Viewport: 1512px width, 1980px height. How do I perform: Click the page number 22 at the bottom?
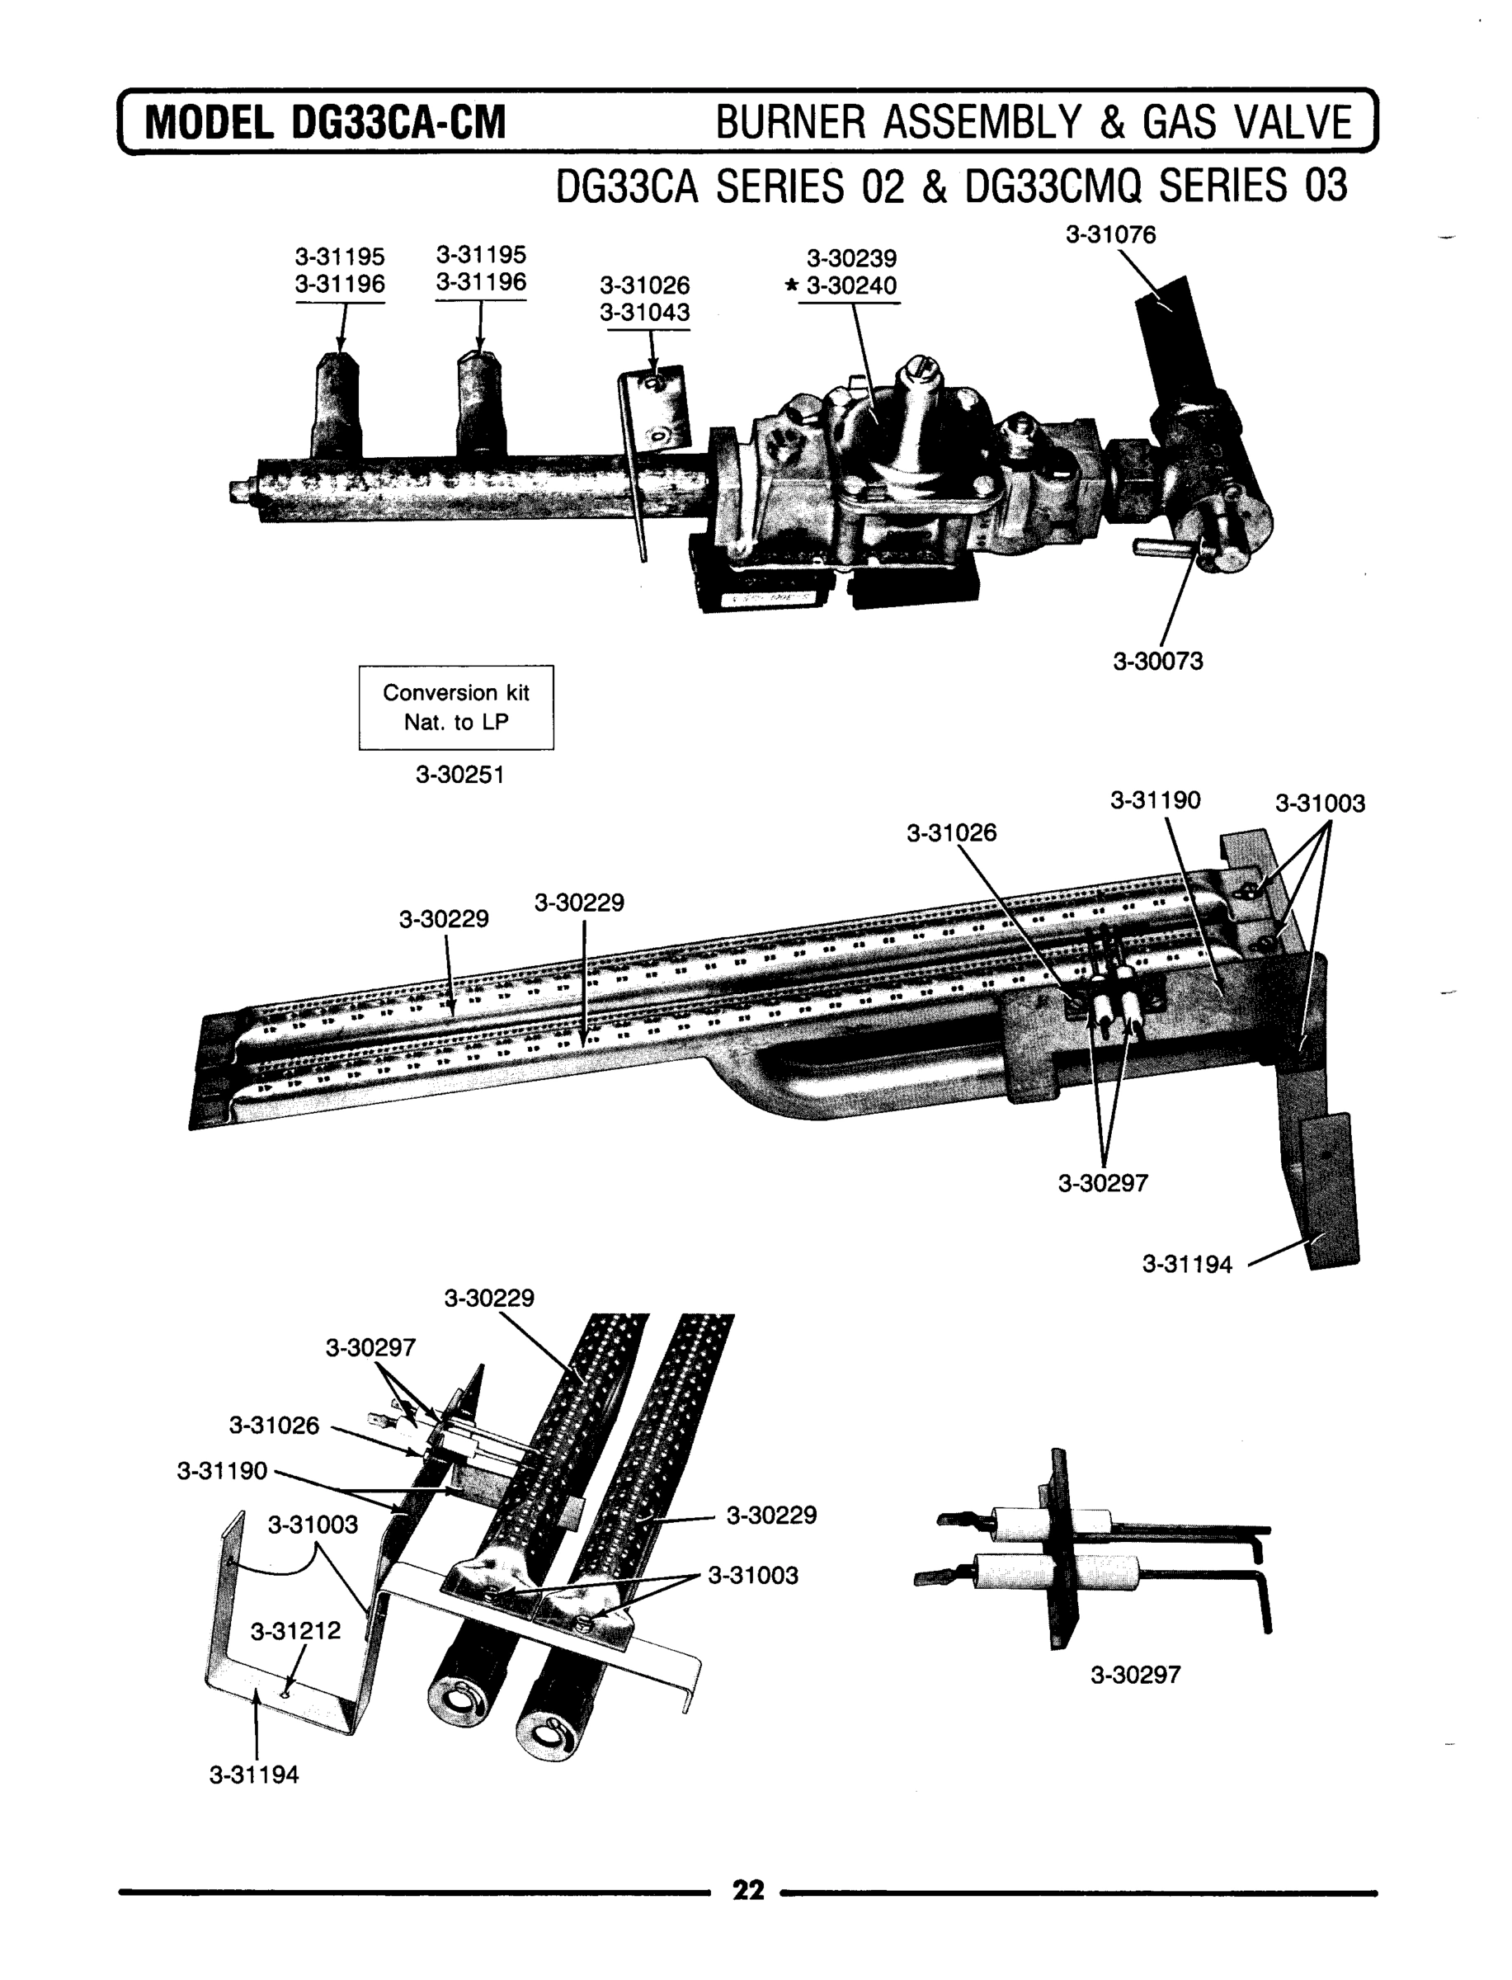[748, 1889]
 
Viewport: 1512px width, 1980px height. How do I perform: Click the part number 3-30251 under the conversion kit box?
[459, 775]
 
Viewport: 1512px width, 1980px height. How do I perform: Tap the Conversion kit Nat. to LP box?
[456, 707]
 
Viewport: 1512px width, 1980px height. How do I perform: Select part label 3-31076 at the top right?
[1110, 235]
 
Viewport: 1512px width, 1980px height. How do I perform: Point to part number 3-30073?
[1157, 662]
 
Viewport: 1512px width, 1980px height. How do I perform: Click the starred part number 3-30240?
[850, 286]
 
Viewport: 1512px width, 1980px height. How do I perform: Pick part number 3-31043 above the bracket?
[644, 313]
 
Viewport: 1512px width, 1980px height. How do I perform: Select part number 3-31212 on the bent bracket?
[295, 1631]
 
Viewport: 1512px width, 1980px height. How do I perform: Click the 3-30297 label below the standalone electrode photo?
[1135, 1675]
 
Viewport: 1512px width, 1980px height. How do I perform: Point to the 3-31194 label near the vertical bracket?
[1186, 1265]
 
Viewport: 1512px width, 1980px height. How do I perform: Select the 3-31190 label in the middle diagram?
[1155, 800]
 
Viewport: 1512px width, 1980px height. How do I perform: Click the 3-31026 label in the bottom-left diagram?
[274, 1425]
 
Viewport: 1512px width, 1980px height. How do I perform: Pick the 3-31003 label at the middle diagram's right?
[1320, 804]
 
